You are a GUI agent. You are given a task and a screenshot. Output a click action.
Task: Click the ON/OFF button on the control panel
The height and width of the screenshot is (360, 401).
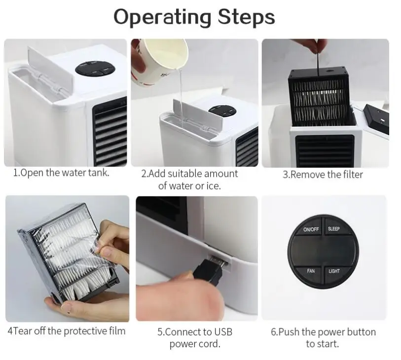click(311, 228)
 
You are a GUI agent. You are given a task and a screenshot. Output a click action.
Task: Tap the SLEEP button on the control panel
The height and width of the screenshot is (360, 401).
click(334, 228)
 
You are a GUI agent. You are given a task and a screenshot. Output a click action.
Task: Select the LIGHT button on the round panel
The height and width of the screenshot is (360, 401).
click(334, 272)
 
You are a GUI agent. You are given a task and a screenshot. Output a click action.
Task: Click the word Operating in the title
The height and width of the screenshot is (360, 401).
click(162, 17)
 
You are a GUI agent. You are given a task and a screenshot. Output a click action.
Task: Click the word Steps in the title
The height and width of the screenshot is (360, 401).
click(246, 17)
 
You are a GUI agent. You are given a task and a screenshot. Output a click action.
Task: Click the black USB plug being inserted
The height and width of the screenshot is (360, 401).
click(209, 271)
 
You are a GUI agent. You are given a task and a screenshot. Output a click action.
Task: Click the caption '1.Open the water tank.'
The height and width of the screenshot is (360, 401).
click(61, 173)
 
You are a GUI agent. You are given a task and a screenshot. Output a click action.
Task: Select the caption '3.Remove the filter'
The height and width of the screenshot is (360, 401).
click(323, 175)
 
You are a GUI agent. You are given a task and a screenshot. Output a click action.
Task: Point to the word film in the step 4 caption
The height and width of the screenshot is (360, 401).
click(117, 331)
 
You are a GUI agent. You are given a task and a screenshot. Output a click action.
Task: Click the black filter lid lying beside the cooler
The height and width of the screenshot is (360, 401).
click(376, 119)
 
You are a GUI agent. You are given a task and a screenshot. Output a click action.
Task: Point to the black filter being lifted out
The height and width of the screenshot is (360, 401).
click(321, 96)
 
